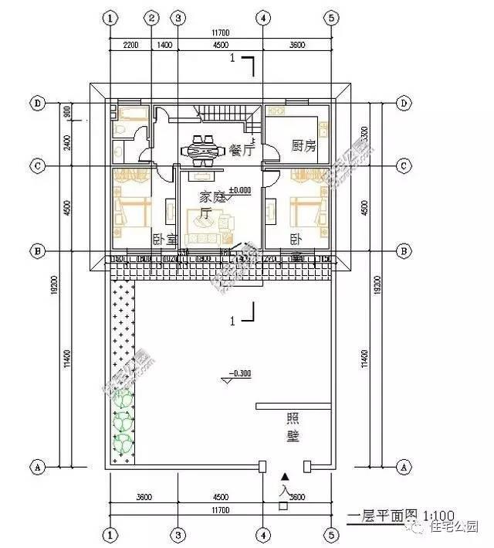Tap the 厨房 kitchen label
coord(303,145)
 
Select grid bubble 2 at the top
coord(152,17)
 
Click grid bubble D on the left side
coord(36,104)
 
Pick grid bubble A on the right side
coord(403,467)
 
